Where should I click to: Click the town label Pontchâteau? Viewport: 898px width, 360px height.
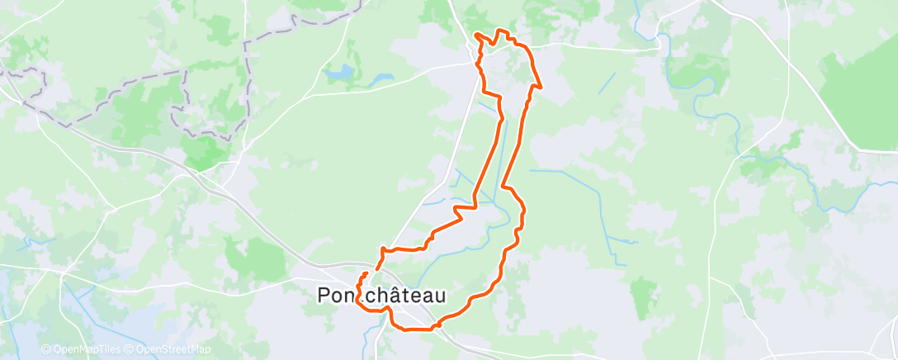(382, 296)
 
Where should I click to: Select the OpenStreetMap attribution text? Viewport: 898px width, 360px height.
(168, 349)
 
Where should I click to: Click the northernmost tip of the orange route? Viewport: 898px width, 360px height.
(499, 30)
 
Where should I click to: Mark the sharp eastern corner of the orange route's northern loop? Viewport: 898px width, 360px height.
(541, 85)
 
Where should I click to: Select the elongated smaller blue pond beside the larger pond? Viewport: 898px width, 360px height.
(380, 81)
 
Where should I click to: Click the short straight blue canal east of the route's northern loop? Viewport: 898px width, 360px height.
(607, 83)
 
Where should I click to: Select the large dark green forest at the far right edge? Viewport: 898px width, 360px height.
(858, 99)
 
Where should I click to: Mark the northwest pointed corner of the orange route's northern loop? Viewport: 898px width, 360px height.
(476, 34)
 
